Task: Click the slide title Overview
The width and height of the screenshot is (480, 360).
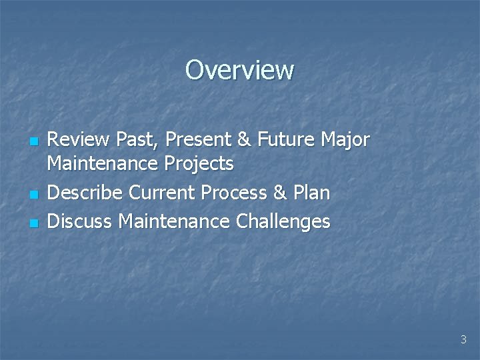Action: [239, 69]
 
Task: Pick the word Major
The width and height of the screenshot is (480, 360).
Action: [345, 141]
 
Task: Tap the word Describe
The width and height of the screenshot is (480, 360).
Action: [85, 193]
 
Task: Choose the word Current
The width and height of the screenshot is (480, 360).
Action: [162, 193]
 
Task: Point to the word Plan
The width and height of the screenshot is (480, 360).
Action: [310, 193]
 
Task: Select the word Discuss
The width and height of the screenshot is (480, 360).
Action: [81, 221]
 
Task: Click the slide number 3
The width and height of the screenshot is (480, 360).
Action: [463, 340]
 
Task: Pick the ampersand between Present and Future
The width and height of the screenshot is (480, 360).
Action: [244, 140]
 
